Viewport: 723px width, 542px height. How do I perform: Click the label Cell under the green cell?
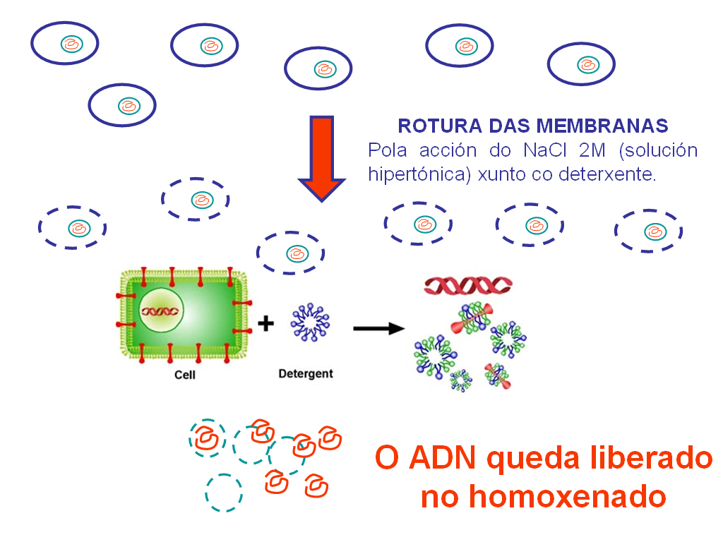click(x=185, y=375)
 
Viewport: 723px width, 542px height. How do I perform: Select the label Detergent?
click(x=306, y=373)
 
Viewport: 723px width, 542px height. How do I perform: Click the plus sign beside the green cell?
click(x=265, y=324)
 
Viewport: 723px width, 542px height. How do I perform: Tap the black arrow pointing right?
click(x=378, y=328)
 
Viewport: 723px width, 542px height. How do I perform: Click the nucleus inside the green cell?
click(x=162, y=311)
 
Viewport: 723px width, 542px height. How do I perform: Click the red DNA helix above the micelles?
click(x=468, y=285)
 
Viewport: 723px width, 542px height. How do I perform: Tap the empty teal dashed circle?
click(x=224, y=493)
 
